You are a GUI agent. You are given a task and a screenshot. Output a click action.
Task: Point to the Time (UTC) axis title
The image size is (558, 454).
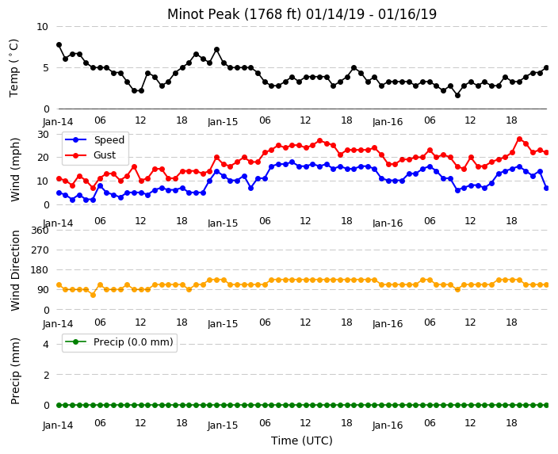click(302, 441)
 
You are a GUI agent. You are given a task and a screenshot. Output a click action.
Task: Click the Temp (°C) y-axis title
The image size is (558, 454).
click(14, 68)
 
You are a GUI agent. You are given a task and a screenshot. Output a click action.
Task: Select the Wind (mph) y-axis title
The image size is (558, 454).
click(15, 170)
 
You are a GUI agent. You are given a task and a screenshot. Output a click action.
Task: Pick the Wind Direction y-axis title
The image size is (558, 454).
click(15, 270)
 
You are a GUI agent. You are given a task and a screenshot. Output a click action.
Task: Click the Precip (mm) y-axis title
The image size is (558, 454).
click(15, 371)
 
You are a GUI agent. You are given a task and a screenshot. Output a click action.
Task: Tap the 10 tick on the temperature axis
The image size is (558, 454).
click(42, 27)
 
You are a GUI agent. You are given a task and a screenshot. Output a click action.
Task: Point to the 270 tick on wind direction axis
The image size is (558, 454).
click(40, 250)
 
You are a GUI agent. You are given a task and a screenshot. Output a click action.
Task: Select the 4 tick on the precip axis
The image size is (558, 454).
click(46, 344)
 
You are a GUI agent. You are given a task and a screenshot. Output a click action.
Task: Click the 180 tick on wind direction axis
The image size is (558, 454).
click(40, 270)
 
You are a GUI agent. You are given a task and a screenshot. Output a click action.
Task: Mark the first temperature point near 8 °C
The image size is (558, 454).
click(59, 45)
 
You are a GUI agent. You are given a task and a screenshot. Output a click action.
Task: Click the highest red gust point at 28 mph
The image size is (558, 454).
click(520, 139)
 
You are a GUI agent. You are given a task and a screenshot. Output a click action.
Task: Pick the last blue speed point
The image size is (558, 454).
click(547, 189)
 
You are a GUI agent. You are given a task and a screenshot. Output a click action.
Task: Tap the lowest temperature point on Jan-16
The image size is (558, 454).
click(457, 95)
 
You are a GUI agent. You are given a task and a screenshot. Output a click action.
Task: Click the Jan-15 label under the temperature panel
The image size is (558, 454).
click(223, 122)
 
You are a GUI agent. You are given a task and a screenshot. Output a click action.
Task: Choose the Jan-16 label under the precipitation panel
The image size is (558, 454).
click(388, 425)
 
